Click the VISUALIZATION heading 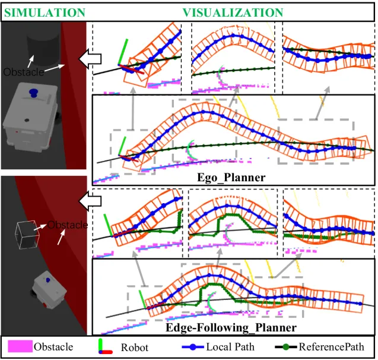coord(232,12)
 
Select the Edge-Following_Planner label coord(249,327)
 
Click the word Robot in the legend coord(134,347)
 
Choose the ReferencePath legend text coord(336,347)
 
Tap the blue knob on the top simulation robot coord(34,93)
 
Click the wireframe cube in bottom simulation coord(27,235)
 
